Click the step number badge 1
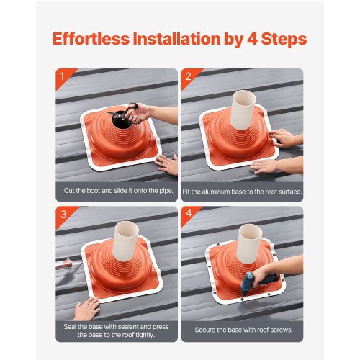point(61,74)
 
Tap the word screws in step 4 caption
point(281,330)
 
